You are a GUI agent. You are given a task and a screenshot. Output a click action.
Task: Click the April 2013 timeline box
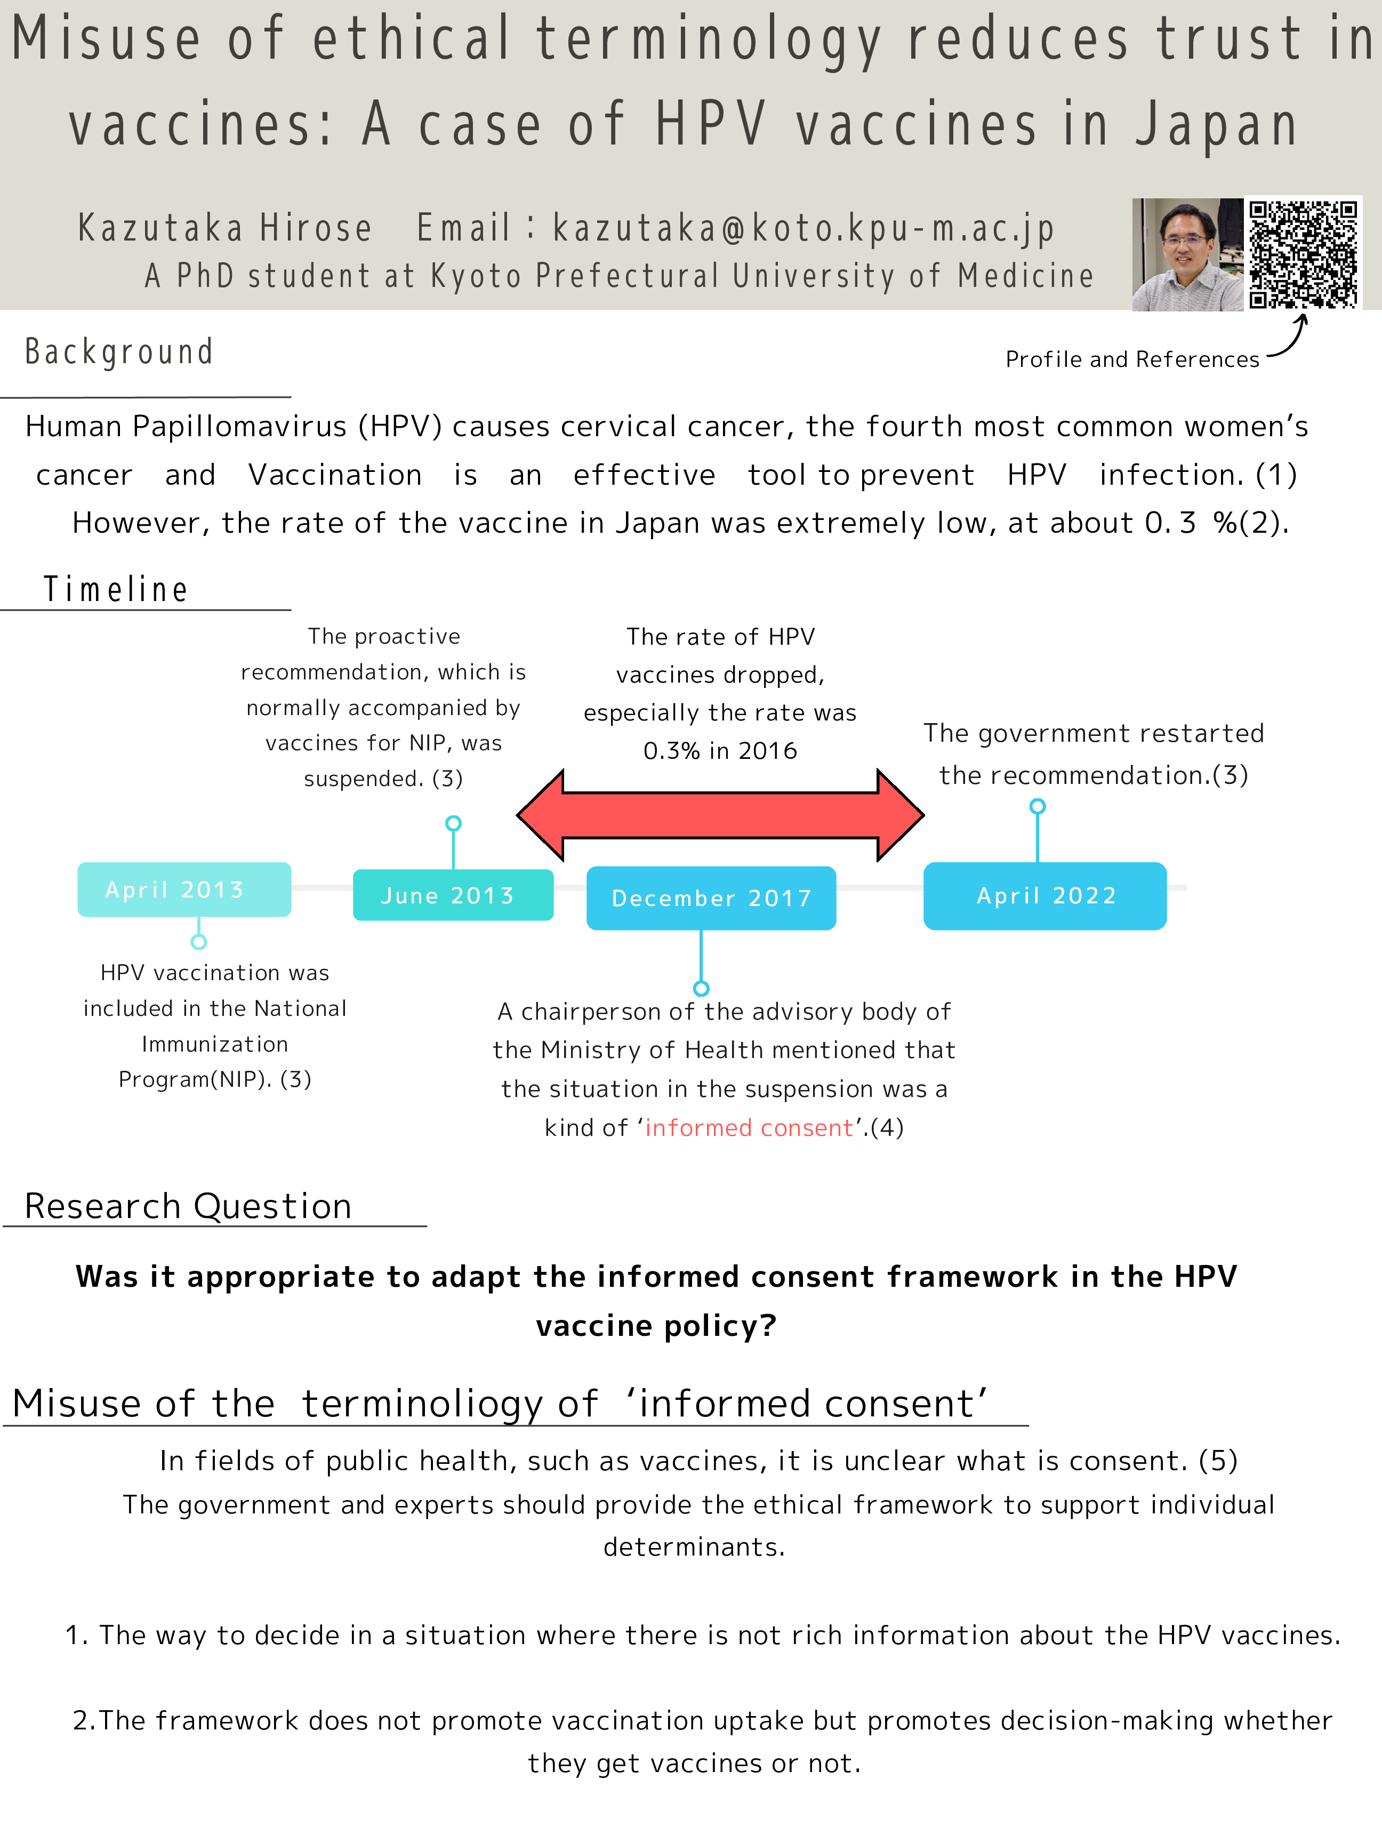coord(184,890)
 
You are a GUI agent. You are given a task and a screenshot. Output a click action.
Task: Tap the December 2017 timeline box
coord(711,898)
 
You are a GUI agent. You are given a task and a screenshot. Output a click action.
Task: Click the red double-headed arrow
coord(720,815)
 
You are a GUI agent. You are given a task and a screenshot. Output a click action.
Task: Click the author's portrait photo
coord(1187,254)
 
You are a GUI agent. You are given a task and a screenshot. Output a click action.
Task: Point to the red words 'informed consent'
coord(749,1127)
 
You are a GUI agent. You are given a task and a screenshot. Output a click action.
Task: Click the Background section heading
coord(119,351)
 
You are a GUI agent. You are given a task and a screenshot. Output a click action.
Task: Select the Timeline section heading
coord(116,589)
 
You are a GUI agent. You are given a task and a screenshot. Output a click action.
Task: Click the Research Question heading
coord(188,1206)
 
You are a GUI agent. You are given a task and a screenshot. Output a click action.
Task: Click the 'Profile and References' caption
coord(1131,359)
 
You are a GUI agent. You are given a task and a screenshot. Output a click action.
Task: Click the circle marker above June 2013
coord(453,823)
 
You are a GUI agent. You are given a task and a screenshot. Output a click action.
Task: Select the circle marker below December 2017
coord(702,988)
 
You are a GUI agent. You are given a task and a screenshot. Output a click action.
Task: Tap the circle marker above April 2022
coord(1037,806)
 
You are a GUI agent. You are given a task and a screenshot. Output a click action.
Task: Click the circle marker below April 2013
coord(198,941)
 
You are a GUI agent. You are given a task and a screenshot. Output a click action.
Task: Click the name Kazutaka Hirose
coord(225,228)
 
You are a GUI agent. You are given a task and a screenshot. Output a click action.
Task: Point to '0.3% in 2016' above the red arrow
coord(720,751)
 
